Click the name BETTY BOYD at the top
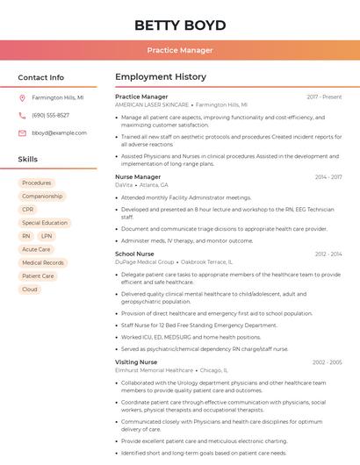(180, 25)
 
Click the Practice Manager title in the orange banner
(180, 50)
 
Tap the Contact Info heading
(41, 77)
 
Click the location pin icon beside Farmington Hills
(22, 97)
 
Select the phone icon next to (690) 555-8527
(22, 115)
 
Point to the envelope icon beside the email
(22, 132)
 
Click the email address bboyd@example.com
(59, 132)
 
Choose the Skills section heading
(28, 160)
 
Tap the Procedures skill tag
(37, 182)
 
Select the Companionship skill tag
(42, 197)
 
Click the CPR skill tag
(28, 210)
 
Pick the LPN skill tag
(47, 236)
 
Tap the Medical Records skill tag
(43, 262)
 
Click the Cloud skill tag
(30, 289)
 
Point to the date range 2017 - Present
(324, 97)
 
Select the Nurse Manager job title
(138, 176)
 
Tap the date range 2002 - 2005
(327, 361)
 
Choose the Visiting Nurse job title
(136, 361)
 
